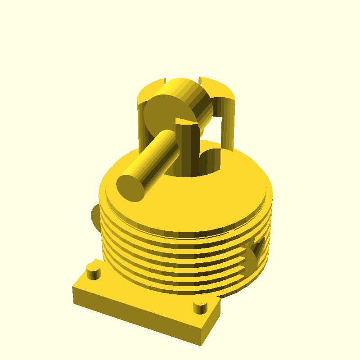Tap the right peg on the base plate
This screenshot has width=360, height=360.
coord(200,308)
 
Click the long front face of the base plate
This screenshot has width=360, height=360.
coord(135,315)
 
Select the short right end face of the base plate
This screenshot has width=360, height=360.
coord(211,326)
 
